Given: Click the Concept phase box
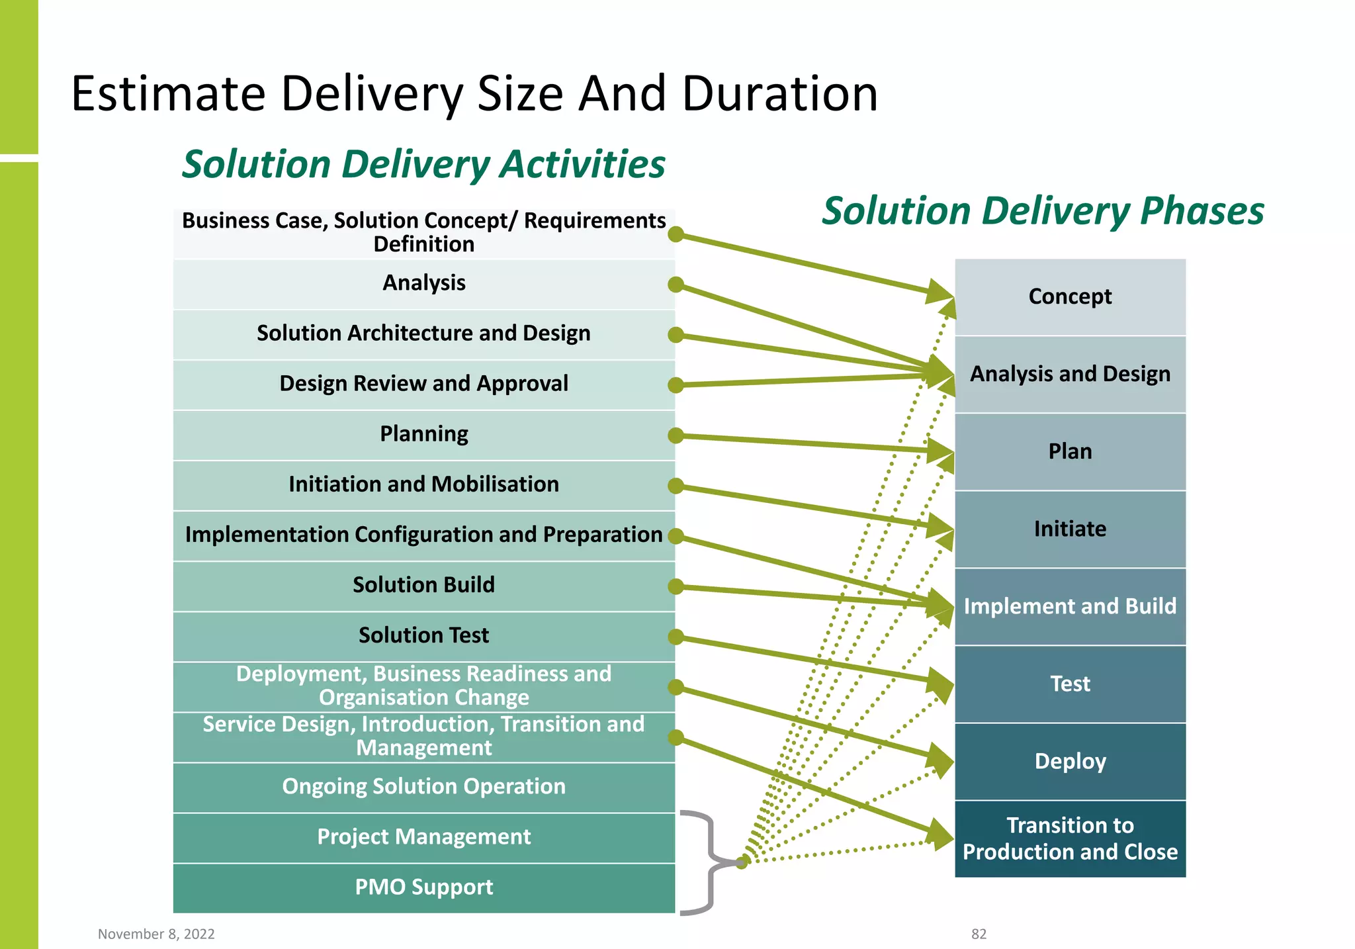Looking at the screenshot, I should pos(1070,297).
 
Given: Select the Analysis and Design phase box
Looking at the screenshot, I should pos(1070,375).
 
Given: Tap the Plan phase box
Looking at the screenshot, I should pos(1070,452).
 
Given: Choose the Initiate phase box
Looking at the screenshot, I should pos(1070,529).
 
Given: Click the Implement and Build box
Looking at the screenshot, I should pos(1070,607).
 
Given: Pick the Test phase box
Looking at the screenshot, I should pos(1070,684).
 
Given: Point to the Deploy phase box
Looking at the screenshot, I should pos(1070,762).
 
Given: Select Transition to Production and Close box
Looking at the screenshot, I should pos(1070,839).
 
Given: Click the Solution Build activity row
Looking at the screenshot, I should pos(423,586).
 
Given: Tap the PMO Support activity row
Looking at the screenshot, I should pos(423,887).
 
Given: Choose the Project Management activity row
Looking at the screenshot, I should pos(423,837).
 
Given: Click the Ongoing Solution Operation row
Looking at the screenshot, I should pos(423,787).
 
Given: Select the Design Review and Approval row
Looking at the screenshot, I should pos(423,384).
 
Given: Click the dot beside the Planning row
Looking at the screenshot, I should pos(676,435).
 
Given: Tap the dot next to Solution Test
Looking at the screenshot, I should pos(676,637).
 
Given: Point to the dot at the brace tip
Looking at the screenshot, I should pos(742,862).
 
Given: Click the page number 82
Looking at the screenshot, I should pos(979,934).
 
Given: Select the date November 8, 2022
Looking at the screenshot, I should pos(156,934).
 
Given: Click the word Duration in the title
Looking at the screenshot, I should pos(779,93).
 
